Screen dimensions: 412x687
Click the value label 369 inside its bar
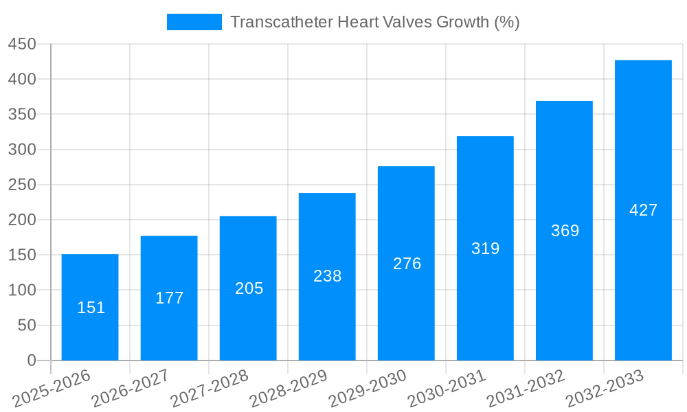coord(565,231)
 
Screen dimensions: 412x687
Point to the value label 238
coord(327,276)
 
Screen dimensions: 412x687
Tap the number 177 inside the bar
coord(169,298)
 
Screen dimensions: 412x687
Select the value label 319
coord(485,249)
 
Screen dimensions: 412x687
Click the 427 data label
coord(643,210)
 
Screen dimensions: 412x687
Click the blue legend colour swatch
coord(194,22)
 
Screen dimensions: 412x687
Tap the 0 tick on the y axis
coord(31,360)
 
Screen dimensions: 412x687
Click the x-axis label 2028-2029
coord(288,389)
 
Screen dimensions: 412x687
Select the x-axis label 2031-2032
coord(525,389)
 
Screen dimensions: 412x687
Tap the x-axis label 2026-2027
coord(130,389)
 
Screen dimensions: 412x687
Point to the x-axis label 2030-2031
coord(446,389)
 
